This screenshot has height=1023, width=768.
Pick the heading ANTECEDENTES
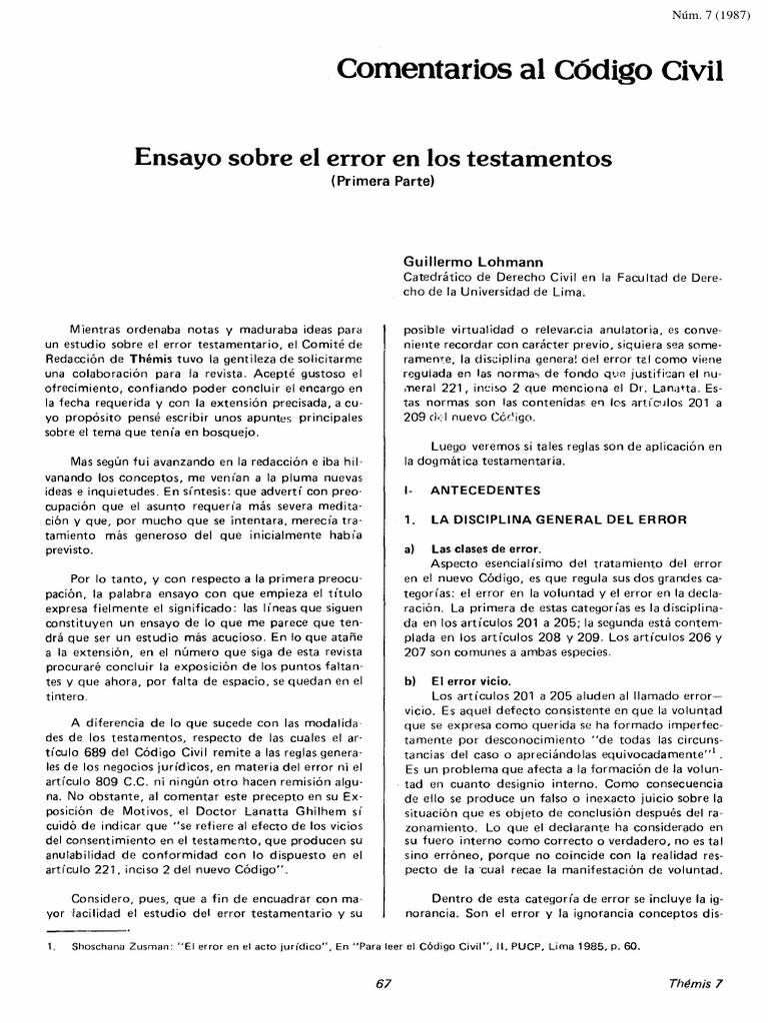pos(484,491)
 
